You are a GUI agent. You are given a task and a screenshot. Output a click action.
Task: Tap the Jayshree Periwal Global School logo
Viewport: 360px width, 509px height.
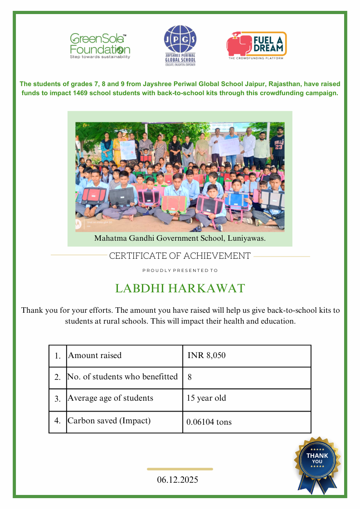pos(180,46)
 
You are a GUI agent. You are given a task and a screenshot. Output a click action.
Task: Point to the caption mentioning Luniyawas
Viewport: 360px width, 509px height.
pos(180,238)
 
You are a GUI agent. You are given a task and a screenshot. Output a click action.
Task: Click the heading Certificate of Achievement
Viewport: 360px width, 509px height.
pos(180,256)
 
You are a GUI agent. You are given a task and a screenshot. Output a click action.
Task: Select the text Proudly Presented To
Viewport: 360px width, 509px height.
pos(180,271)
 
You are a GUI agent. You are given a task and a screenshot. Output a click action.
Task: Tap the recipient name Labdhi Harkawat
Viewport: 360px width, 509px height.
pos(180,288)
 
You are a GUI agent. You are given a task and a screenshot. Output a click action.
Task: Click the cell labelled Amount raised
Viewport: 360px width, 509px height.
pos(95,355)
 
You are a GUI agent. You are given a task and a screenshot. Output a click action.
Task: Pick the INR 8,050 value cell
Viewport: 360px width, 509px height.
pos(206,355)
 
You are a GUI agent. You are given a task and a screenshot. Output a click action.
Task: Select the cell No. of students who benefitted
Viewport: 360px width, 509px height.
pos(122,377)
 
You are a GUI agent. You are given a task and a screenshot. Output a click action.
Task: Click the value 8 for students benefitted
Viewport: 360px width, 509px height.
pos(190,377)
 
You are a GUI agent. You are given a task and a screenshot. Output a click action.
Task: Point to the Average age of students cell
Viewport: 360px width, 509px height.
pos(110,398)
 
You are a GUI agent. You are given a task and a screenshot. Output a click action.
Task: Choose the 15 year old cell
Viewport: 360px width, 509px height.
pos(206,398)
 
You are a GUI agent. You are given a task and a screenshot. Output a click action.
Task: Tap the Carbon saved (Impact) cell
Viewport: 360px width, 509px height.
pos(109,421)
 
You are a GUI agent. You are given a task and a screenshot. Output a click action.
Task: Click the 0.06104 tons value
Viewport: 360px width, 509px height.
pos(209,422)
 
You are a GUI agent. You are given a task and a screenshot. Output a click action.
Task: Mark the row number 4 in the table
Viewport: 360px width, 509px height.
pos(58,421)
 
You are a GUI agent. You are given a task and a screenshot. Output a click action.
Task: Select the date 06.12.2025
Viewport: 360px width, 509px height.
pos(178,480)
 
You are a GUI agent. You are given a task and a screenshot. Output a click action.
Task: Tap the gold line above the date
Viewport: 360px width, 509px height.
pos(180,469)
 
